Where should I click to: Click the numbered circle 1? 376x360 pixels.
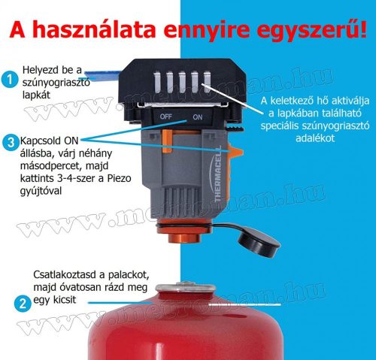(9, 78)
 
